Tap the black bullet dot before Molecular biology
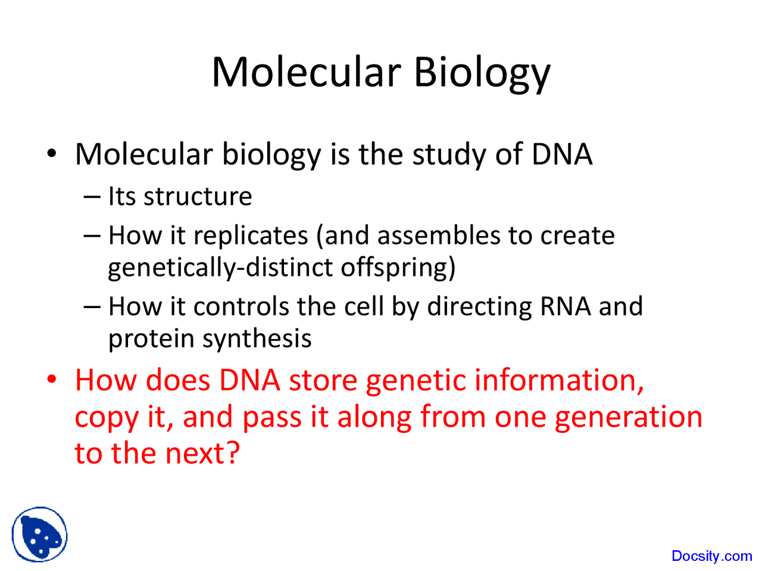51,153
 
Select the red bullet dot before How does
51,379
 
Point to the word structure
198,196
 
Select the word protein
151,340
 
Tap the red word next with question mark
202,453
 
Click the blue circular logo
39,535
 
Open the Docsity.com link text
711,556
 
